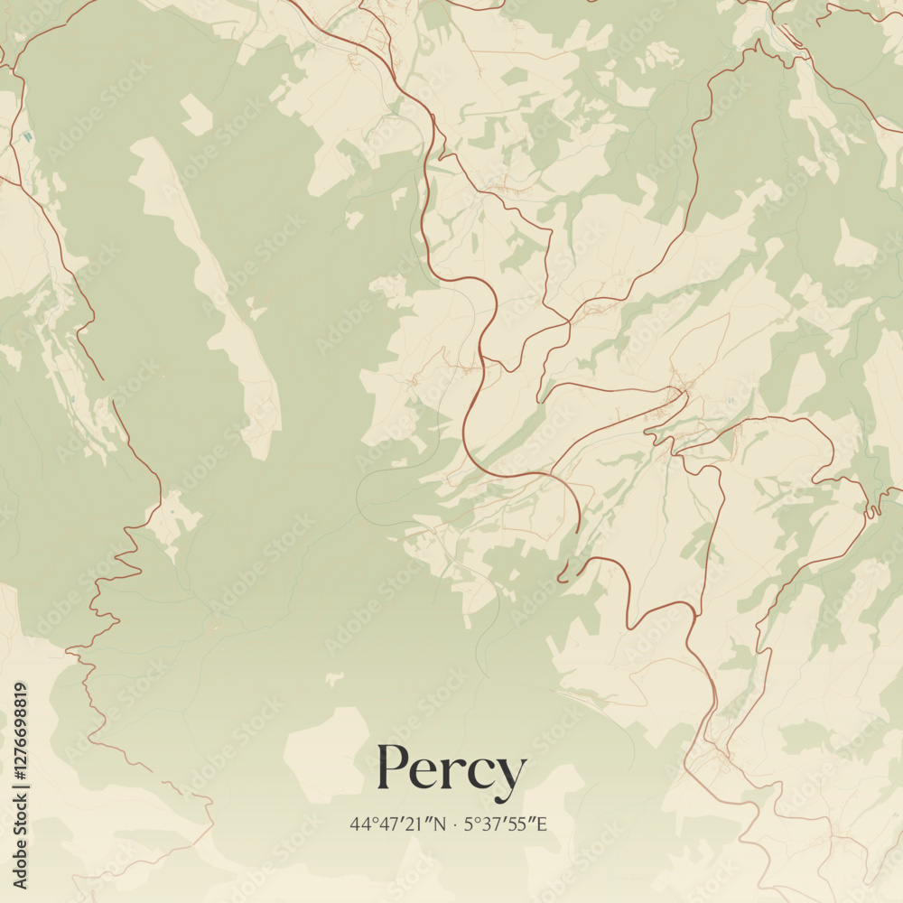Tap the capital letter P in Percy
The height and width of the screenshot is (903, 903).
click(x=395, y=768)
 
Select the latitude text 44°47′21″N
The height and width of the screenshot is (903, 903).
click(x=398, y=824)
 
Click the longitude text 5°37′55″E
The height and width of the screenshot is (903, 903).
click(x=505, y=824)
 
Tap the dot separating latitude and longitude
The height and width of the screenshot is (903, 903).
click(x=455, y=824)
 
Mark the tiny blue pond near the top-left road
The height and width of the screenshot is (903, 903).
click(x=27, y=136)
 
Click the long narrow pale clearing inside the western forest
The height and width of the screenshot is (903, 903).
click(x=217, y=289)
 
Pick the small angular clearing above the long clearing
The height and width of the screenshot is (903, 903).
click(x=195, y=115)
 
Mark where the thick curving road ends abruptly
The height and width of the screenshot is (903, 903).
click(x=578, y=531)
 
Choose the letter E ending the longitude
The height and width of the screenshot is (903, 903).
click(x=542, y=824)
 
